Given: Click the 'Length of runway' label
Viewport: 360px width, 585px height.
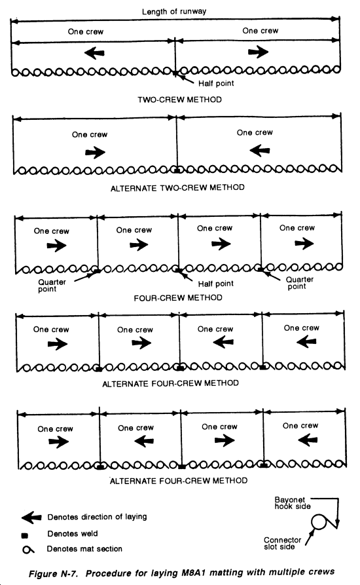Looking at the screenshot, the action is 174,12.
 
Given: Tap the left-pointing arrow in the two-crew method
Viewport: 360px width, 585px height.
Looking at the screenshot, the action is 94,53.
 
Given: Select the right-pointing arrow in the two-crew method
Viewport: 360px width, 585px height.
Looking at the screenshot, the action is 258,52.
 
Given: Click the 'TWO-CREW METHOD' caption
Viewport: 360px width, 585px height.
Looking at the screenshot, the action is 179,100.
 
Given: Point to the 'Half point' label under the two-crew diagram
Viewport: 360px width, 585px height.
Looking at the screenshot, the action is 216,83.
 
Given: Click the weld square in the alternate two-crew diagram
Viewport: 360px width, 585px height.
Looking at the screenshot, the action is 177,170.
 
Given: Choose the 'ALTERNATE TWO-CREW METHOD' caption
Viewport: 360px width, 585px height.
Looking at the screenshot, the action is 177,187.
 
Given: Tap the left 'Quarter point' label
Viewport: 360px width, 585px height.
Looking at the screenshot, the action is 52,286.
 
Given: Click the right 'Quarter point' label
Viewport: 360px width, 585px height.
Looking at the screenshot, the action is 300,283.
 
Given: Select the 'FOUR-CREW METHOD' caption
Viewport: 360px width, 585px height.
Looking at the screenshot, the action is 178,297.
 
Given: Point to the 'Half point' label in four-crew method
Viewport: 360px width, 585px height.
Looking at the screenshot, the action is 216,284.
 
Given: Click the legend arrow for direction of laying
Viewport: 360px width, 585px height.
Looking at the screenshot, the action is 31,518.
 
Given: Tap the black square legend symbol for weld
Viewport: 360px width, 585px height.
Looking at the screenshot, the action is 25,536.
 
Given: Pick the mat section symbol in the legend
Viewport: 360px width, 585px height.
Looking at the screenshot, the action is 28,550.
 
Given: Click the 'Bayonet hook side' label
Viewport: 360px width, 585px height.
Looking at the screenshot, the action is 293,503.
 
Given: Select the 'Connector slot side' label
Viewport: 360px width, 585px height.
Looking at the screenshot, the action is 283,543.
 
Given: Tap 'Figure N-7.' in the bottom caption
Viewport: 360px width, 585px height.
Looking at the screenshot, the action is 53,573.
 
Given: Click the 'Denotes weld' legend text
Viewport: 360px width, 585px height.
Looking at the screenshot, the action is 72,534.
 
